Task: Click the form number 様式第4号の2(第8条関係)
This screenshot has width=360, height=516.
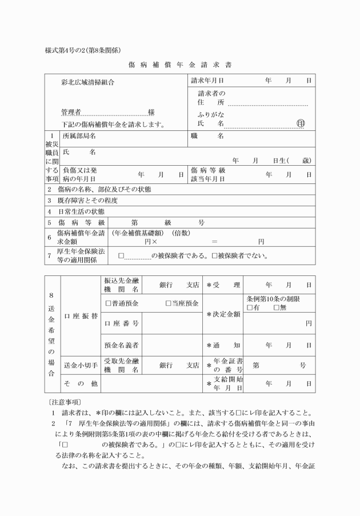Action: [82, 50]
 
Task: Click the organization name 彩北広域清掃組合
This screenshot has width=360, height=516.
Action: [87, 82]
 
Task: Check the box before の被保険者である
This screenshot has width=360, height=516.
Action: [121, 256]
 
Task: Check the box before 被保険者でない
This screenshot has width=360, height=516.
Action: [214, 256]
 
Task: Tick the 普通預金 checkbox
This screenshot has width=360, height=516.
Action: [109, 303]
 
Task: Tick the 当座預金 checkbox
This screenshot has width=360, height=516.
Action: [169, 303]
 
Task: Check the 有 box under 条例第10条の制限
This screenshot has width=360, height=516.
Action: [250, 308]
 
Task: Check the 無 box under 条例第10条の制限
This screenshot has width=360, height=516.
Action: [277, 308]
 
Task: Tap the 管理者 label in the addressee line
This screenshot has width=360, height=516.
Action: [71, 112]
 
